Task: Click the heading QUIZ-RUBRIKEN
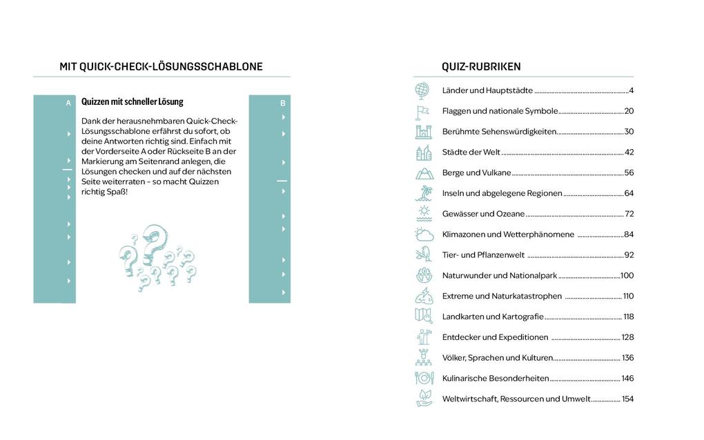481,67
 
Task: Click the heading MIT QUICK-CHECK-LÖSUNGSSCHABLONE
161,67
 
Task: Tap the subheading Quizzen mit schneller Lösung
133,102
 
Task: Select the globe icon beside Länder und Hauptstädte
422,90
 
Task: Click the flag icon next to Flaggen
422,111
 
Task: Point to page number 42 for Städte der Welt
629,152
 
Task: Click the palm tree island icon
423,193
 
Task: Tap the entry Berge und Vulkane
477,173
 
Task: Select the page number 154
627,399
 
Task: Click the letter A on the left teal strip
68,103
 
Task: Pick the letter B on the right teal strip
283,103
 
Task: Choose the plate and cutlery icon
423,378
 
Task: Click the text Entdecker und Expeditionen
495,337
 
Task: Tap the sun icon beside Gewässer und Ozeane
423,213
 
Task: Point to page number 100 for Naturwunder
627,276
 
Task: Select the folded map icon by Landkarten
423,316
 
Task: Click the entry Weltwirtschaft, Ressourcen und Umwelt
516,399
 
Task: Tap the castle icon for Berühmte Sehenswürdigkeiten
422,132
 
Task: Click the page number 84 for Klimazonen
628,234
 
